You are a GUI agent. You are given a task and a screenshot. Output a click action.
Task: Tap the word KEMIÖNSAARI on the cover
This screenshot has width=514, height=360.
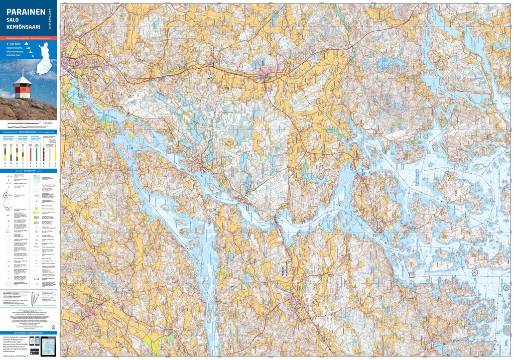pyautogui.click(x=24, y=27)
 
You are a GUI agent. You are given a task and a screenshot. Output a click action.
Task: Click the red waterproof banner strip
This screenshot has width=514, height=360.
pyautogui.click(x=29, y=38)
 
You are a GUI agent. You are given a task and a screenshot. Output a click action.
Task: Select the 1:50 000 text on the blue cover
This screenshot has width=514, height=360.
pyautogui.click(x=14, y=44)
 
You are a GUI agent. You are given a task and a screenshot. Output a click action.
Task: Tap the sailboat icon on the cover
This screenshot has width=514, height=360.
pyautogui.click(x=26, y=45)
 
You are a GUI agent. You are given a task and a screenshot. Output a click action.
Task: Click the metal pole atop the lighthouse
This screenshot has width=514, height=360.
pyautogui.click(x=22, y=71)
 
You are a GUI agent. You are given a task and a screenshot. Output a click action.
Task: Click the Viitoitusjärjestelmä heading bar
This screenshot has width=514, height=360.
pyautogui.click(x=29, y=132)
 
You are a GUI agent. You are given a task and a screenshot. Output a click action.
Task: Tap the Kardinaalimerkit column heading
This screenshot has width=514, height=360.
pyautogui.click(x=8, y=137)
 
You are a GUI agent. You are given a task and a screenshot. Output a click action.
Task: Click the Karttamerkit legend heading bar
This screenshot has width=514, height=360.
pyautogui.click(x=29, y=171)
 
